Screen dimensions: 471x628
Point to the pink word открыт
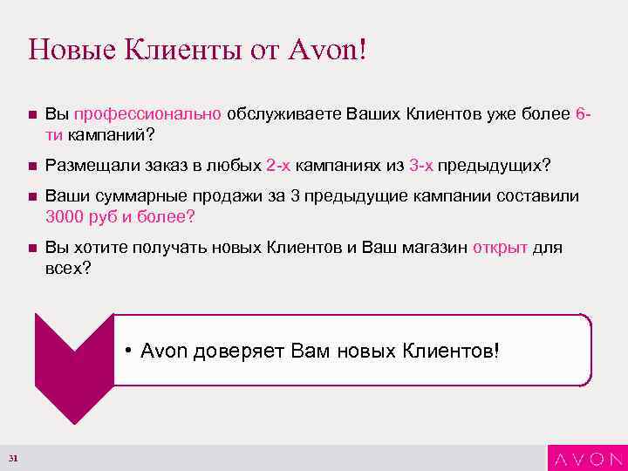[x=500, y=248]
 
